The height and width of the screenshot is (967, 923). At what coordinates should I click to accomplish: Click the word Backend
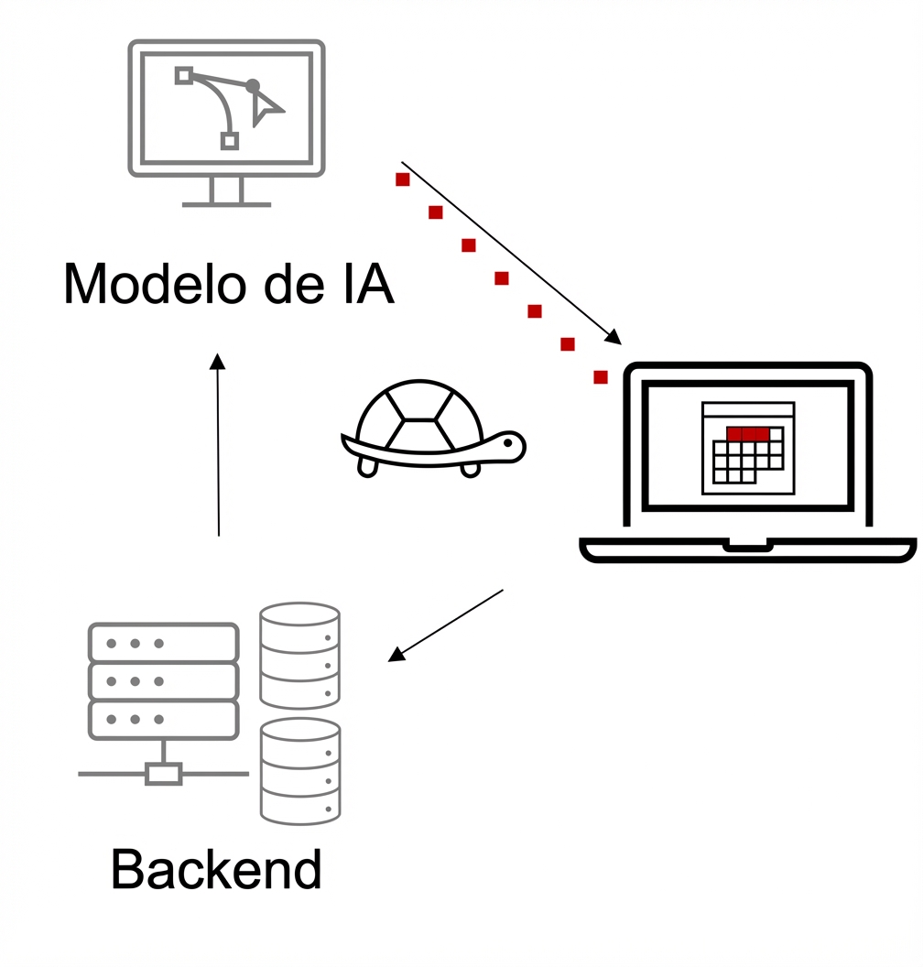(216, 870)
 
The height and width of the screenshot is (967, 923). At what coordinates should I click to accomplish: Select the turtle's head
(508, 447)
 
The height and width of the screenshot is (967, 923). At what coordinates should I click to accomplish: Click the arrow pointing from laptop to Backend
(446, 625)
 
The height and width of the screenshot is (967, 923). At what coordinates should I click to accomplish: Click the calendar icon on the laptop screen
(747, 448)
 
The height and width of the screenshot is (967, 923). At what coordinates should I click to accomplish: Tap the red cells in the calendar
(747, 433)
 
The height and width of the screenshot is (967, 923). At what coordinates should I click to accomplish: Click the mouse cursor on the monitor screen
(266, 110)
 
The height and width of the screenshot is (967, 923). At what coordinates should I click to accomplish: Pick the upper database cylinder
(299, 655)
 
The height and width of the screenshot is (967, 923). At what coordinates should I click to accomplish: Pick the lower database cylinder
(299, 771)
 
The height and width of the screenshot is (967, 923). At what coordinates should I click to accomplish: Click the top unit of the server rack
(163, 643)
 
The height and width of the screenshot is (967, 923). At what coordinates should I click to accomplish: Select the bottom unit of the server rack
(163, 720)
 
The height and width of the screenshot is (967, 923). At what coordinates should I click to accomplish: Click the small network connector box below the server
(164, 774)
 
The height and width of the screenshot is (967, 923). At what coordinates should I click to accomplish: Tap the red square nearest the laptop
(601, 377)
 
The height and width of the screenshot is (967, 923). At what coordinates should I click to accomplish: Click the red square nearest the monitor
(402, 179)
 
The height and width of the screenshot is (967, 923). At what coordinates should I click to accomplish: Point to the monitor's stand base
(226, 203)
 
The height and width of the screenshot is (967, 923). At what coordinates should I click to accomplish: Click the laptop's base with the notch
(747, 549)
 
